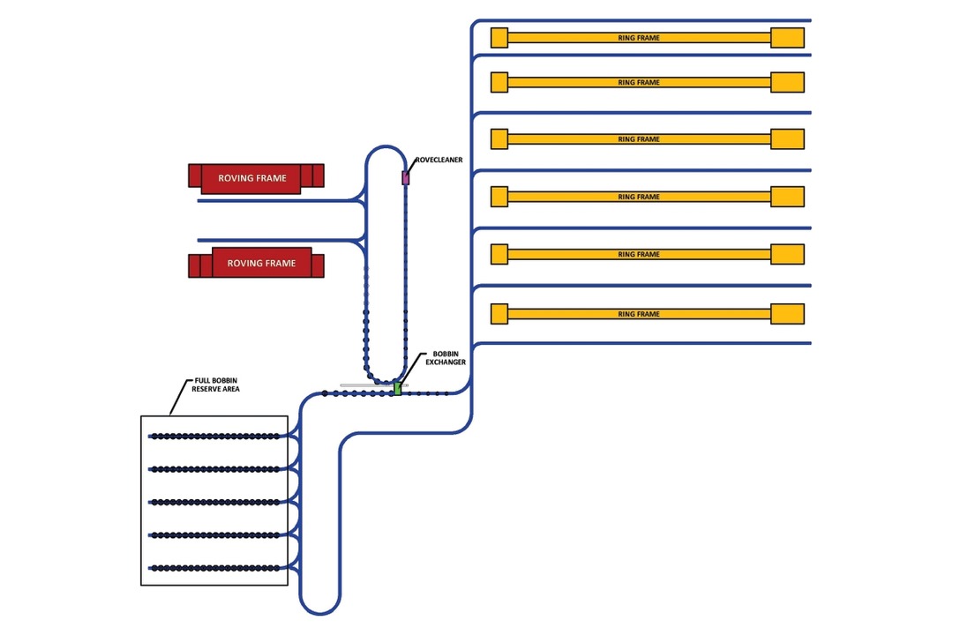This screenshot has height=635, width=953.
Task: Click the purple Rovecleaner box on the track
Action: pos(406,177)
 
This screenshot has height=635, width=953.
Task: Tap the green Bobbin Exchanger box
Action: pos(398,388)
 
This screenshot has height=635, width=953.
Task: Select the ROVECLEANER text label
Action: pos(439,161)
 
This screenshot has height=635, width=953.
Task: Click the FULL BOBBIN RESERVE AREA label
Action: pos(216,385)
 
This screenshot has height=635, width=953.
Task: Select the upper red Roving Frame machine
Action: pos(256,177)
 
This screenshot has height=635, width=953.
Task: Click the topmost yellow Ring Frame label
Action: pos(639,38)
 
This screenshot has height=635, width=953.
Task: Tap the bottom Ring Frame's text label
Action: pos(639,314)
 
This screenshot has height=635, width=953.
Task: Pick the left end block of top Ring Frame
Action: pos(499,37)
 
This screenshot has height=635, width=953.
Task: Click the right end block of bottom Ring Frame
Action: pos(787,314)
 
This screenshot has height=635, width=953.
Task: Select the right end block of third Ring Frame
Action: pos(787,139)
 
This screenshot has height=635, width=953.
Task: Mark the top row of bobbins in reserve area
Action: pos(214,436)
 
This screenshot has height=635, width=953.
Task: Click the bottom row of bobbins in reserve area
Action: pos(214,567)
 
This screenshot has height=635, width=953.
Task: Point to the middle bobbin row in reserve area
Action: pos(214,502)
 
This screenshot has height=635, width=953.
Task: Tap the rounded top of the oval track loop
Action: pos(386,148)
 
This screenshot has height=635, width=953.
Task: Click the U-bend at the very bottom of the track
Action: pos(319,612)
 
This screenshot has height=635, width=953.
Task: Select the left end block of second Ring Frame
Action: pos(499,82)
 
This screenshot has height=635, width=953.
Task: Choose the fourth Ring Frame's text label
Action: pos(639,197)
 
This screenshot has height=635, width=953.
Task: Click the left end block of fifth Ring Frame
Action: pos(499,254)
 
